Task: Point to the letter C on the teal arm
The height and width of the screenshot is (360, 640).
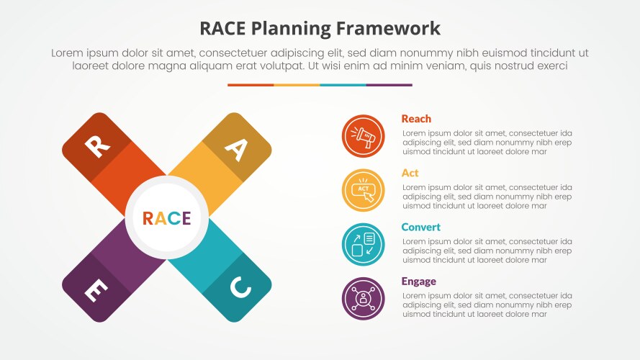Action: (x=240, y=288)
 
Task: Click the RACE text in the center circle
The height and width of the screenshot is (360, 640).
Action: (x=166, y=218)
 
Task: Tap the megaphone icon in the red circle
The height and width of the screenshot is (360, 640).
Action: (x=363, y=136)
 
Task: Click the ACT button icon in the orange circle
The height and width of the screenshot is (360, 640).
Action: (x=363, y=190)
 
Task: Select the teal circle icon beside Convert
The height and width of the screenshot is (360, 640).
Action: (x=363, y=244)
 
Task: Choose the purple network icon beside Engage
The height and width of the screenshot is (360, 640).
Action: (x=363, y=298)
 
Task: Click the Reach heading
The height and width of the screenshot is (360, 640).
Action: (x=416, y=119)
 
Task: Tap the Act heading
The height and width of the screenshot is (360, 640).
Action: (x=410, y=173)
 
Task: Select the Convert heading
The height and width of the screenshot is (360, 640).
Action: (x=420, y=227)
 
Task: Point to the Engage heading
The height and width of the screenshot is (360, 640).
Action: (x=418, y=281)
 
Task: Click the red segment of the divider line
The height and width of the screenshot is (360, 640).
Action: (x=251, y=85)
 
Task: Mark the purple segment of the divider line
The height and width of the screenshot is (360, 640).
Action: (x=389, y=85)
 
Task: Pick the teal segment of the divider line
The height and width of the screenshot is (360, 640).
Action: (x=343, y=85)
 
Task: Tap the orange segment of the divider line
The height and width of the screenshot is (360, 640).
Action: (x=297, y=85)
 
